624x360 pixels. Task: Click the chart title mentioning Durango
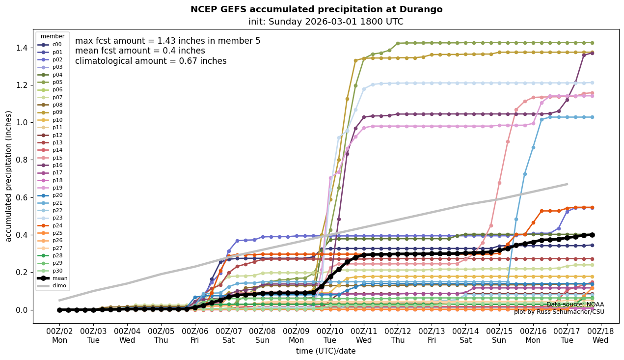coord(316,9)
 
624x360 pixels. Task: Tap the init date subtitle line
coord(326,22)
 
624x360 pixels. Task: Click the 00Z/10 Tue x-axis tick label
coord(330,336)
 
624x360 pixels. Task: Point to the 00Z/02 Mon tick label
coord(59,336)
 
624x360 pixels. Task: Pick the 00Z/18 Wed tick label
coord(600,336)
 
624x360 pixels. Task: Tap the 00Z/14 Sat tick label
coord(465,336)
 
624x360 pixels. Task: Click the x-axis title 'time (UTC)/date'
coord(326,351)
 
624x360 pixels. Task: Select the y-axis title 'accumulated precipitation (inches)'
coord(8,176)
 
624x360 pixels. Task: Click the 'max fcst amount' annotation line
coord(167,41)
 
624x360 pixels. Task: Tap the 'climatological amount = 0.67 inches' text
coord(151,61)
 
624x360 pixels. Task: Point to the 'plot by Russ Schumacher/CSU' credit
coord(559,312)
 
